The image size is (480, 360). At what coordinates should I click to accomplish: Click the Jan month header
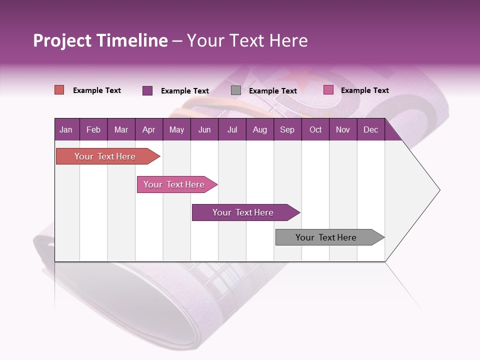[x=66, y=130]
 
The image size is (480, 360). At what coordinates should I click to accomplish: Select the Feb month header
[x=93, y=130]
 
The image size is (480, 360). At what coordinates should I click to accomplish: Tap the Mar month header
[x=121, y=130]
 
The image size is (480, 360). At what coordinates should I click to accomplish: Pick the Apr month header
[x=149, y=130]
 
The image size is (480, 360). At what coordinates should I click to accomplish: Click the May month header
[x=176, y=130]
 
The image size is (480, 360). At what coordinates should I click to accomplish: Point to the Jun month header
[x=204, y=130]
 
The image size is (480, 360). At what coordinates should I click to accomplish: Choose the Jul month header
[x=232, y=130]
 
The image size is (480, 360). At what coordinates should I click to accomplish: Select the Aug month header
[x=260, y=130]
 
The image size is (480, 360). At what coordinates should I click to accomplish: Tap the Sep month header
[x=287, y=130]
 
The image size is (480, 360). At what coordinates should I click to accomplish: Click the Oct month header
[x=315, y=130]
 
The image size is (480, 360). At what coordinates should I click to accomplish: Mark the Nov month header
[x=343, y=130]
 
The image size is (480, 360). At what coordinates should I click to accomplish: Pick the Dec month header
[x=371, y=130]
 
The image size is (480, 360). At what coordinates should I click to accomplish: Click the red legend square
[x=59, y=90]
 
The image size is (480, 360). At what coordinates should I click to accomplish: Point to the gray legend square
[x=236, y=90]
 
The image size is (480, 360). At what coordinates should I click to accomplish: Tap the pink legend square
[x=328, y=90]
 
